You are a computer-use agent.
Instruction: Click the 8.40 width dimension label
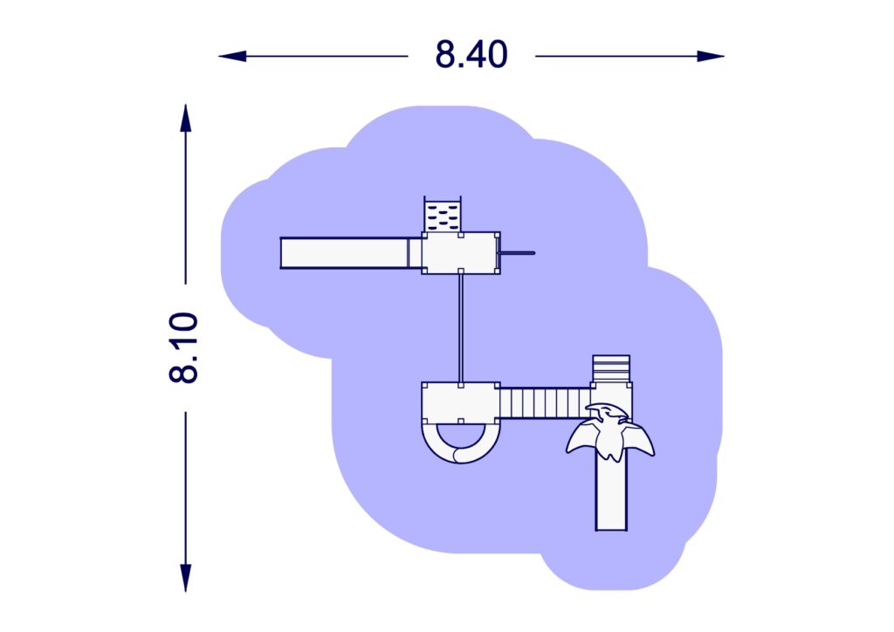(471, 55)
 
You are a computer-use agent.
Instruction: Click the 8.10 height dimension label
(183, 347)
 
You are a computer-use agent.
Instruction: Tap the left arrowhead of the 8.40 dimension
(232, 57)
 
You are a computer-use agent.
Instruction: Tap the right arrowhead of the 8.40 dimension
(711, 57)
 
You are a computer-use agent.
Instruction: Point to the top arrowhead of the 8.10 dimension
(185, 118)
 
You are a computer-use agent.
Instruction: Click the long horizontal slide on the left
(351, 253)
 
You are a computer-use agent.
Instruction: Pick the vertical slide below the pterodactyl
(611, 493)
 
